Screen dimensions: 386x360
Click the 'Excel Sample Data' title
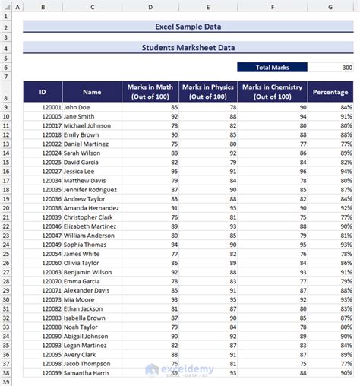point(188,27)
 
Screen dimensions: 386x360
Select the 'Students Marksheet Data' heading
point(188,47)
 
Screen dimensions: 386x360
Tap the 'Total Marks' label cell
point(272,67)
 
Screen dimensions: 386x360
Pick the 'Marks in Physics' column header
point(208,91)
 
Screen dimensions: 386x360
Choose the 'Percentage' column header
point(330,92)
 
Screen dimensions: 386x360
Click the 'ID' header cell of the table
point(43,92)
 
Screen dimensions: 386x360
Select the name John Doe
point(79,108)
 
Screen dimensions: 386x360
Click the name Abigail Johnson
point(86,336)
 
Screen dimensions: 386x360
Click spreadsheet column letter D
point(150,7)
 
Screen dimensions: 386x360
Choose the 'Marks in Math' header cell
point(150,91)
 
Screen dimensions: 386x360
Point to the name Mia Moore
point(80,299)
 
